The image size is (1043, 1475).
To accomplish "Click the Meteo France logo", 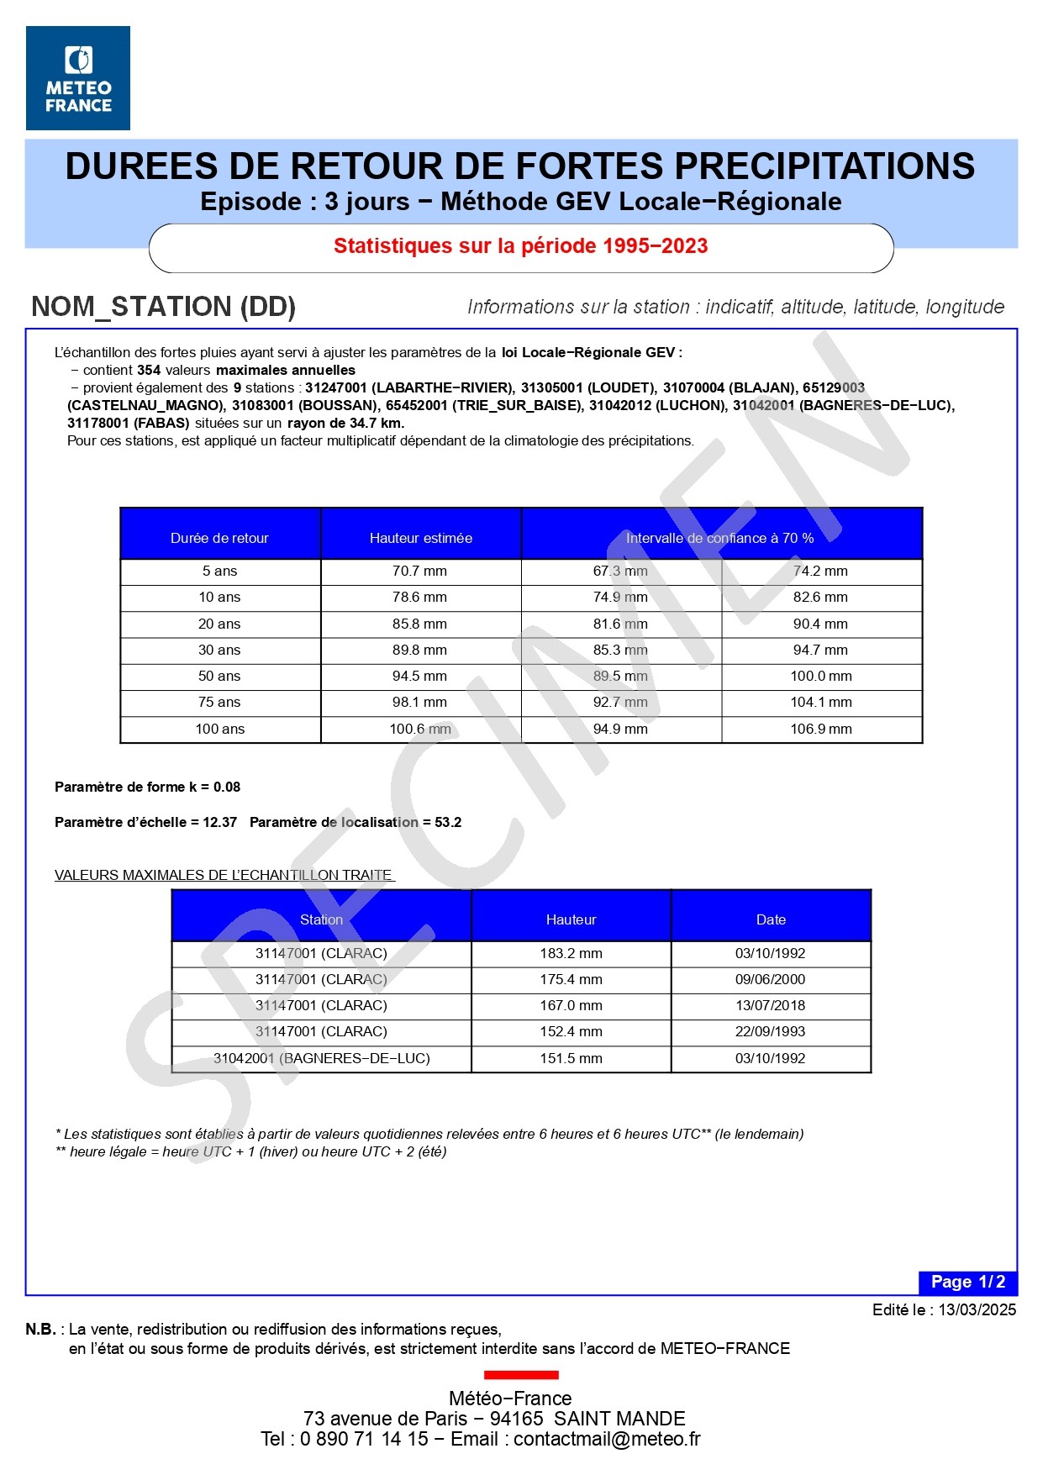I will tap(78, 78).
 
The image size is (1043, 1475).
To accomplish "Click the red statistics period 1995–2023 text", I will tap(520, 246).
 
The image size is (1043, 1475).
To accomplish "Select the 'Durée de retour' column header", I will tap(219, 538).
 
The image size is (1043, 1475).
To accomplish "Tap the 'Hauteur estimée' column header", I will tap(420, 538).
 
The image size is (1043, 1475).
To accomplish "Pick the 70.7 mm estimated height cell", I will tap(419, 572).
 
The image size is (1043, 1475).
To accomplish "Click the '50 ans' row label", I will tap(219, 676).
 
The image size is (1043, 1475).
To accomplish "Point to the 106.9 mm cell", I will tap(820, 729).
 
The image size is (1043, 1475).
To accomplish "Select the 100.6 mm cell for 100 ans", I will tap(419, 729).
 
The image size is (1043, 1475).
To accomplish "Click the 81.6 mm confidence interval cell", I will tap(620, 624).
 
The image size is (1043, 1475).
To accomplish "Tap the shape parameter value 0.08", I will tap(227, 788).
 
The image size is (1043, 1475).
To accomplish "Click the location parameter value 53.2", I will tap(448, 823).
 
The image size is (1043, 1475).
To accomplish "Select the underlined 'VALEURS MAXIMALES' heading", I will tap(224, 876).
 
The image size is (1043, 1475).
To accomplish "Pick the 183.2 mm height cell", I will tap(571, 954).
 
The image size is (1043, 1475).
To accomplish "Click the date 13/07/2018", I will tap(770, 1006).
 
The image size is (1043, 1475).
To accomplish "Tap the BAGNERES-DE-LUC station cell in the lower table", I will tap(321, 1059).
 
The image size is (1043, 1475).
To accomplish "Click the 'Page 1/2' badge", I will tap(967, 1282).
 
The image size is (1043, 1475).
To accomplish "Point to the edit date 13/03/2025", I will tap(977, 1309).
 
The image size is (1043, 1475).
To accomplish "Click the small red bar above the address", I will tap(521, 1375).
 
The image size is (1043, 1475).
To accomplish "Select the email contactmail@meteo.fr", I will tap(607, 1439).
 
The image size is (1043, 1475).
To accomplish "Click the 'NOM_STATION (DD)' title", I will tap(163, 307).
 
